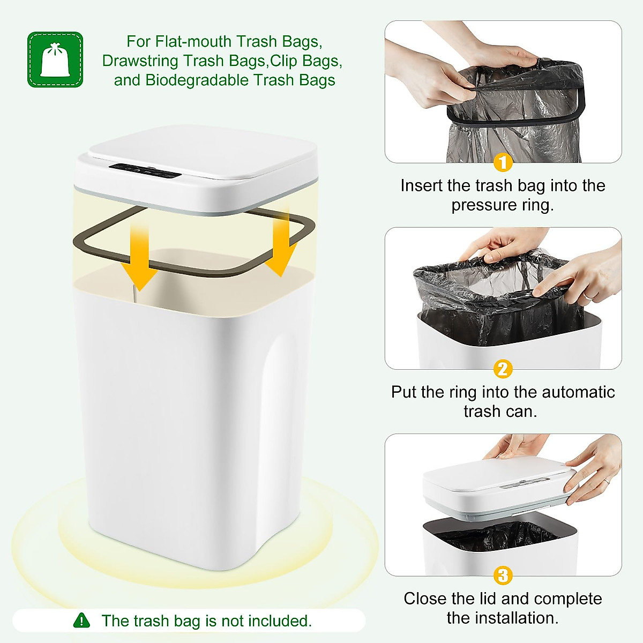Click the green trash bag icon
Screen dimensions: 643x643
(55, 59)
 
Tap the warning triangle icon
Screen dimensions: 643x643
(81, 620)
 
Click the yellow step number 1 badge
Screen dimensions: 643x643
(503, 162)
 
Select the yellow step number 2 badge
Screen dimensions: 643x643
(503, 369)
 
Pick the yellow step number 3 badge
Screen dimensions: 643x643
(503, 576)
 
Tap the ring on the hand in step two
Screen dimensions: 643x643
(588, 295)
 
